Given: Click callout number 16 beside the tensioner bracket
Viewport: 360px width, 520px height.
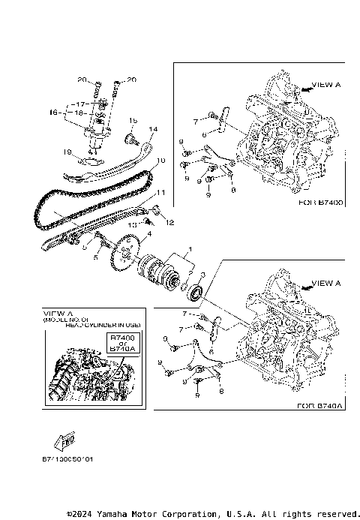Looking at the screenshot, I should click(53, 112).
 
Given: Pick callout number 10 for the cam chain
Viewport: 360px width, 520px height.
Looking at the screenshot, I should click(160, 160).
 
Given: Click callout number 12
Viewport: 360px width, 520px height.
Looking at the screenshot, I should click(169, 222).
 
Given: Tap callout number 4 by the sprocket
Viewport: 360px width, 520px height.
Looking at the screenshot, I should click(148, 234).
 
